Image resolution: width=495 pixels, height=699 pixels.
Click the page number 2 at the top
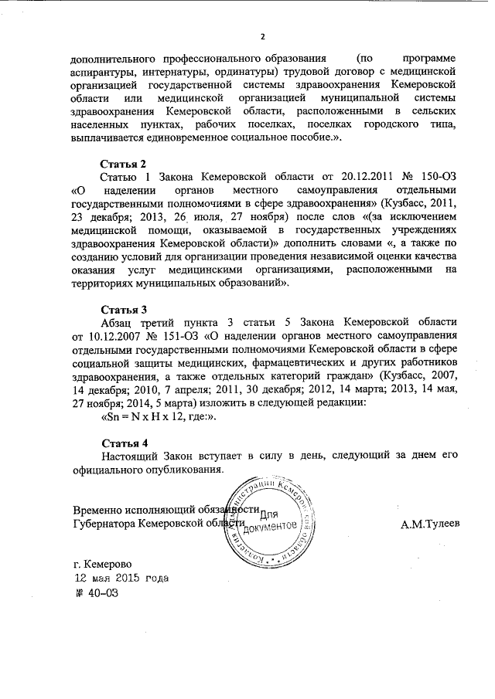pyautogui.click(x=263, y=36)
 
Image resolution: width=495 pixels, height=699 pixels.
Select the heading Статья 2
pyautogui.click(x=125, y=165)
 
